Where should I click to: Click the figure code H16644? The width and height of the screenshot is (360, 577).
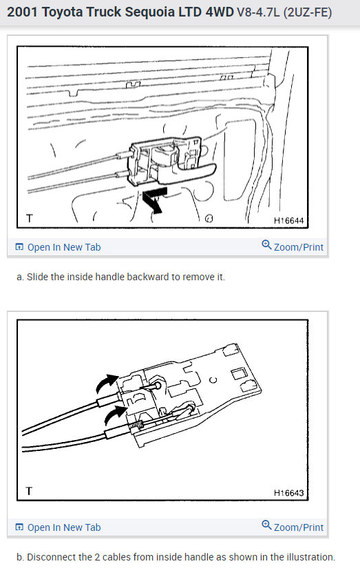(x=288, y=221)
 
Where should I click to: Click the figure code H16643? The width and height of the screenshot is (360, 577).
(x=288, y=493)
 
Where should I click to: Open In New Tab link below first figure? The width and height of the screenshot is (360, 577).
(x=63, y=247)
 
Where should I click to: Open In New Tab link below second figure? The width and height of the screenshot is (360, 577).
(x=63, y=527)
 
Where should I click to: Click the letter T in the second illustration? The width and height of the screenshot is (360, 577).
(x=29, y=492)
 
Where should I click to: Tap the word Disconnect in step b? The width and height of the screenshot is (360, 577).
(x=50, y=557)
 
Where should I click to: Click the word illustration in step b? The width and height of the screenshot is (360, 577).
(x=309, y=557)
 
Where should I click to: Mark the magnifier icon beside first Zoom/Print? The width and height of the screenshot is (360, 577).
(x=267, y=246)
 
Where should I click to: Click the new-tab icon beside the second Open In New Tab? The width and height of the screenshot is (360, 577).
(x=19, y=527)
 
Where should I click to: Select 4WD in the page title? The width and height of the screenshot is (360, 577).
(x=217, y=13)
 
